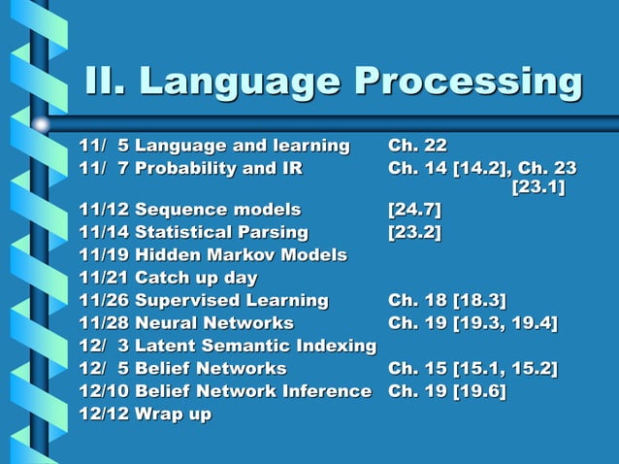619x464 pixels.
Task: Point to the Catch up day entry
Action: point(196,279)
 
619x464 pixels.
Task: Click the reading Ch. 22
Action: point(417,147)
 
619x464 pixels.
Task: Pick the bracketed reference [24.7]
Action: point(414,209)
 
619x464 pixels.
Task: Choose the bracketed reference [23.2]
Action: point(414,232)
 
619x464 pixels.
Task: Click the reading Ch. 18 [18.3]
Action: point(447,300)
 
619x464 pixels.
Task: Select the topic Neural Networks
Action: point(213,322)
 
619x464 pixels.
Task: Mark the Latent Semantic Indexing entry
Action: point(255,346)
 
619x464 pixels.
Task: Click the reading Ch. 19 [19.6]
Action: point(446,391)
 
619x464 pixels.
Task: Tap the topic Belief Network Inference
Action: point(252,391)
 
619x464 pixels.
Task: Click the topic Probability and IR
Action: point(218,170)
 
